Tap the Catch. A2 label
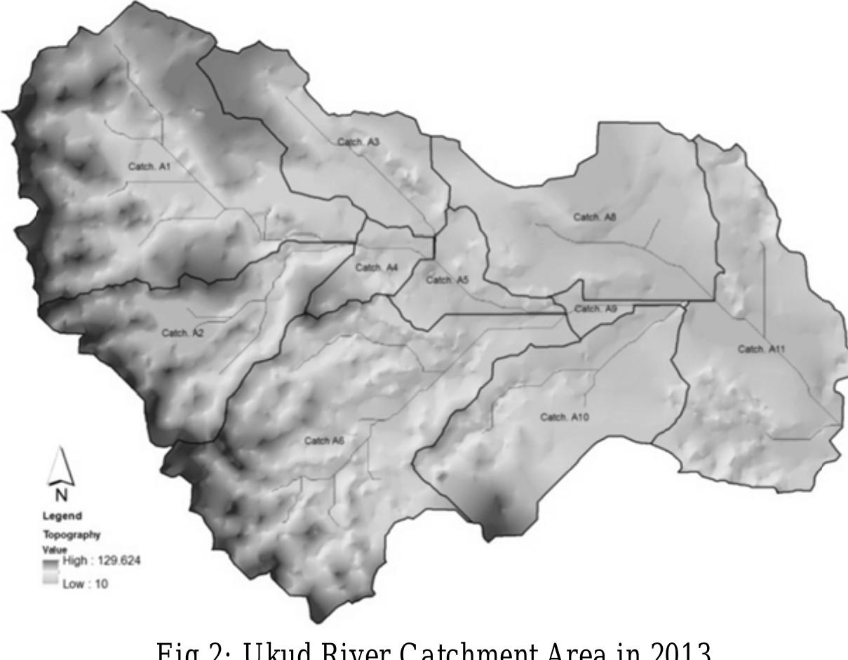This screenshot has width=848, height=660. (x=182, y=332)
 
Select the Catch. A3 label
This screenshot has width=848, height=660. (x=358, y=142)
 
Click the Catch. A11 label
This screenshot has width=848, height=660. (x=761, y=349)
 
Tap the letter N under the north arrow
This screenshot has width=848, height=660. (x=62, y=495)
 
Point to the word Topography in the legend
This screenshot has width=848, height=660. (x=73, y=534)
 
